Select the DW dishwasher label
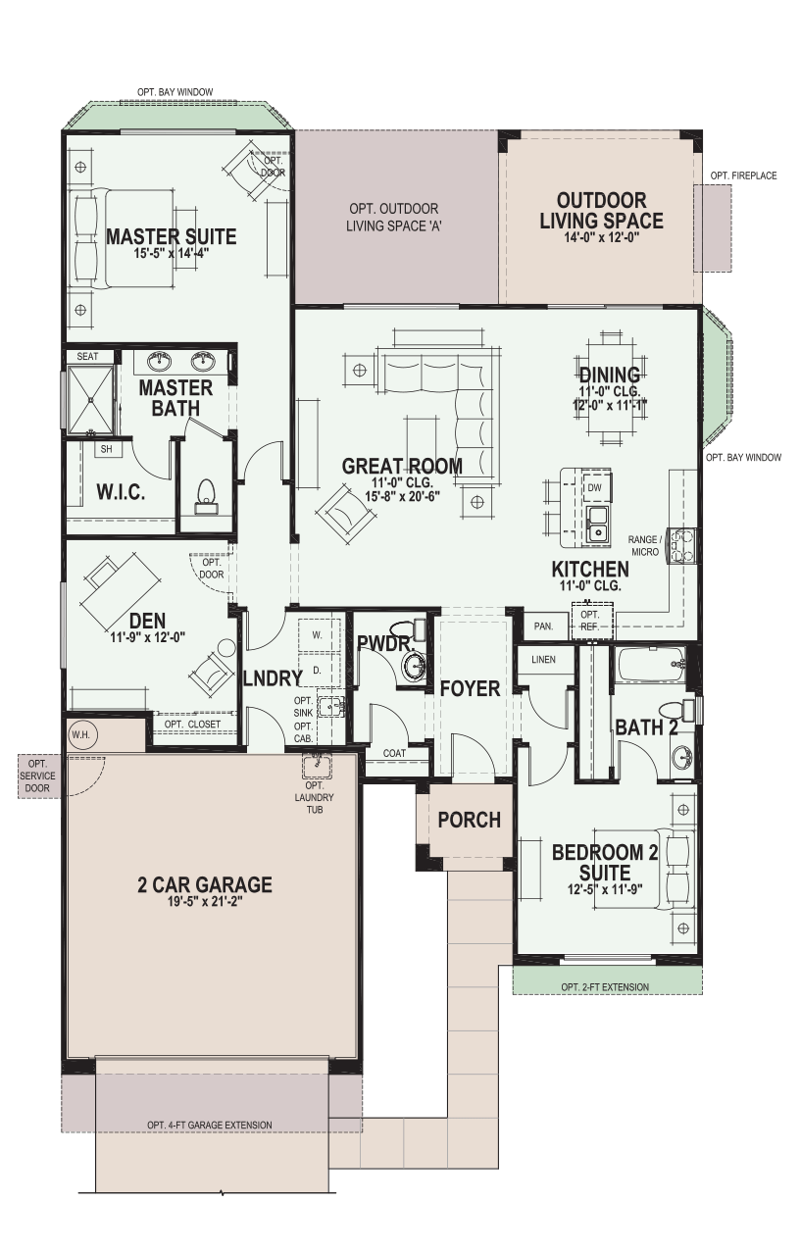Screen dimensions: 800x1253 pyautogui.click(x=594, y=487)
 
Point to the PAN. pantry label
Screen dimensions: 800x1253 pyautogui.click(x=543, y=626)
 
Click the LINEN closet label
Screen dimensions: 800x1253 pyautogui.click(x=543, y=660)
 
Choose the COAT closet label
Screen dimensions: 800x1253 pyautogui.click(x=394, y=753)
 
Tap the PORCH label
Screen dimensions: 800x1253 pyautogui.click(x=469, y=820)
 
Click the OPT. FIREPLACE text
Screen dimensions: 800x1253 pyautogui.click(x=743, y=175)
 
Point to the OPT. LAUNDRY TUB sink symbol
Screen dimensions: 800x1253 pyautogui.click(x=318, y=765)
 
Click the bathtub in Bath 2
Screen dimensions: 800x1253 pyautogui.click(x=651, y=665)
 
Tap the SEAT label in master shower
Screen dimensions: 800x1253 pyautogui.click(x=87, y=356)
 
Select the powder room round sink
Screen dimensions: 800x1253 pyautogui.click(x=415, y=667)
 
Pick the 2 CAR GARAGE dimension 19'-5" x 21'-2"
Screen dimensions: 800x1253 pyautogui.click(x=205, y=901)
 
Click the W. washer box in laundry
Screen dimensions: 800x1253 pyautogui.click(x=318, y=635)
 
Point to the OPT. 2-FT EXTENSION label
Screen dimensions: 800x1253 pyautogui.click(x=605, y=987)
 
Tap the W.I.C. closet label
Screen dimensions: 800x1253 pyautogui.click(x=121, y=492)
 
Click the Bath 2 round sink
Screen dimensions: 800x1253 pyautogui.click(x=681, y=758)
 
